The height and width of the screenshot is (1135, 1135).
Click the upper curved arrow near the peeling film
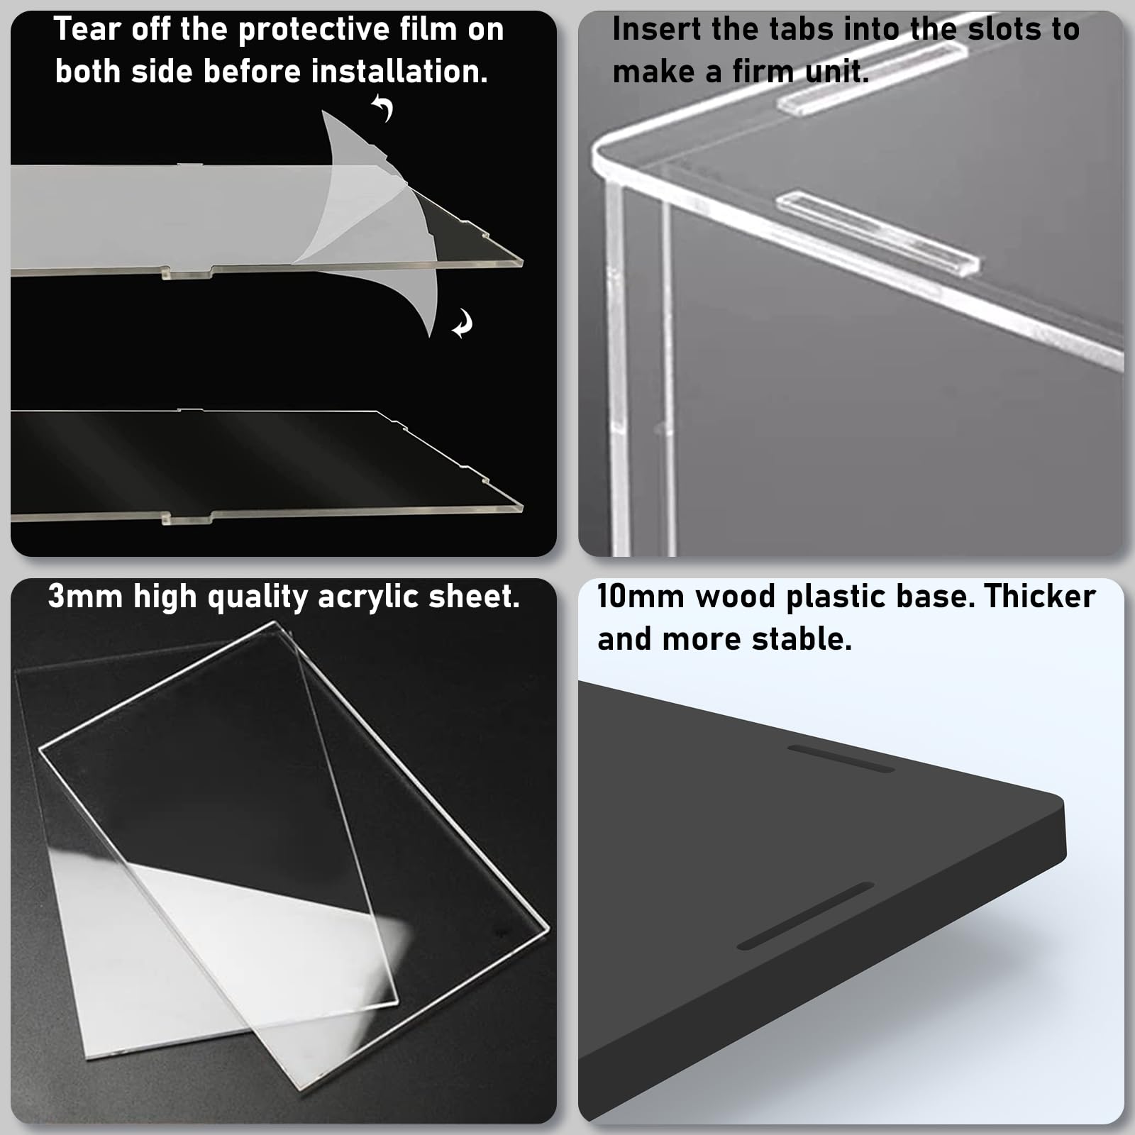[x=383, y=109]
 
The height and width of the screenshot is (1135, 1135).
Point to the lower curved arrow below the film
[x=463, y=324]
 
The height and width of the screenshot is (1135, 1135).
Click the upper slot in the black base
[x=841, y=758]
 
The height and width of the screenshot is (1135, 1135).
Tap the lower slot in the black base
[x=806, y=916]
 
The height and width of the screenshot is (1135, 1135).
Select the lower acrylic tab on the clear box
[x=878, y=232]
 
